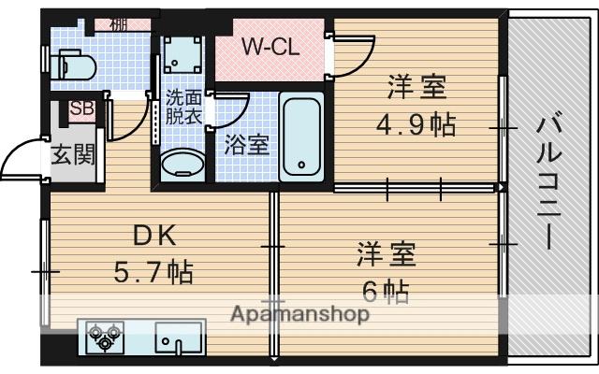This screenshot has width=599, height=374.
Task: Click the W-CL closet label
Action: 271,48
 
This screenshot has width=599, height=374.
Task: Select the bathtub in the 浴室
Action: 302,138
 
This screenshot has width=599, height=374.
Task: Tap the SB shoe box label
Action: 82,108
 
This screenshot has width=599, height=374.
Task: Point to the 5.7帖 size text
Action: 153,272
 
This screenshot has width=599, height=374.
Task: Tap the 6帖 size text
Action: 386,291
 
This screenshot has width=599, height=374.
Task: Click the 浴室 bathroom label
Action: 247,145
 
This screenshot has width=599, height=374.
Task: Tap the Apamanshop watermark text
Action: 299,314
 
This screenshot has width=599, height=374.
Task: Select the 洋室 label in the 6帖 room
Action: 385,253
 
